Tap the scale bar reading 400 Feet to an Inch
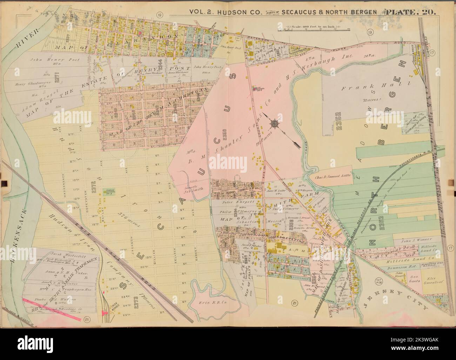coord(314,28)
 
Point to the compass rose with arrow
coord(274,123)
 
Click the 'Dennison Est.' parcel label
coord(410,266)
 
